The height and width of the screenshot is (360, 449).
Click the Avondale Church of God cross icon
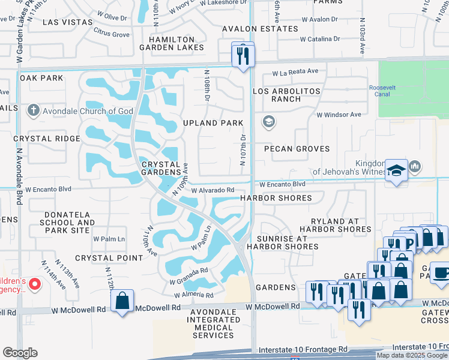(33, 110)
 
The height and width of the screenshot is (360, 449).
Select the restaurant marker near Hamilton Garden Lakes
(243, 56)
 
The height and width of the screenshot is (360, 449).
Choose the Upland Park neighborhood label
(213, 123)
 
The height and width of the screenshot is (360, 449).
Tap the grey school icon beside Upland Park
(268, 122)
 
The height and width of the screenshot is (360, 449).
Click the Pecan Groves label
(298, 148)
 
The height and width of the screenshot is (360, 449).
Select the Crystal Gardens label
(161, 168)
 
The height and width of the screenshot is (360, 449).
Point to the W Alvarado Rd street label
(212, 190)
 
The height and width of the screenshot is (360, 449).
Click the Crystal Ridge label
(47, 139)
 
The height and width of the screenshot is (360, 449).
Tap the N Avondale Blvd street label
(19, 176)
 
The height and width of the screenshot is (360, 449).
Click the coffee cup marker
(441, 272)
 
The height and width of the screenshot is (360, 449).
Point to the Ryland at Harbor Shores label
(341, 225)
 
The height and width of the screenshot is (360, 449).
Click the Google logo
(20, 353)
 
